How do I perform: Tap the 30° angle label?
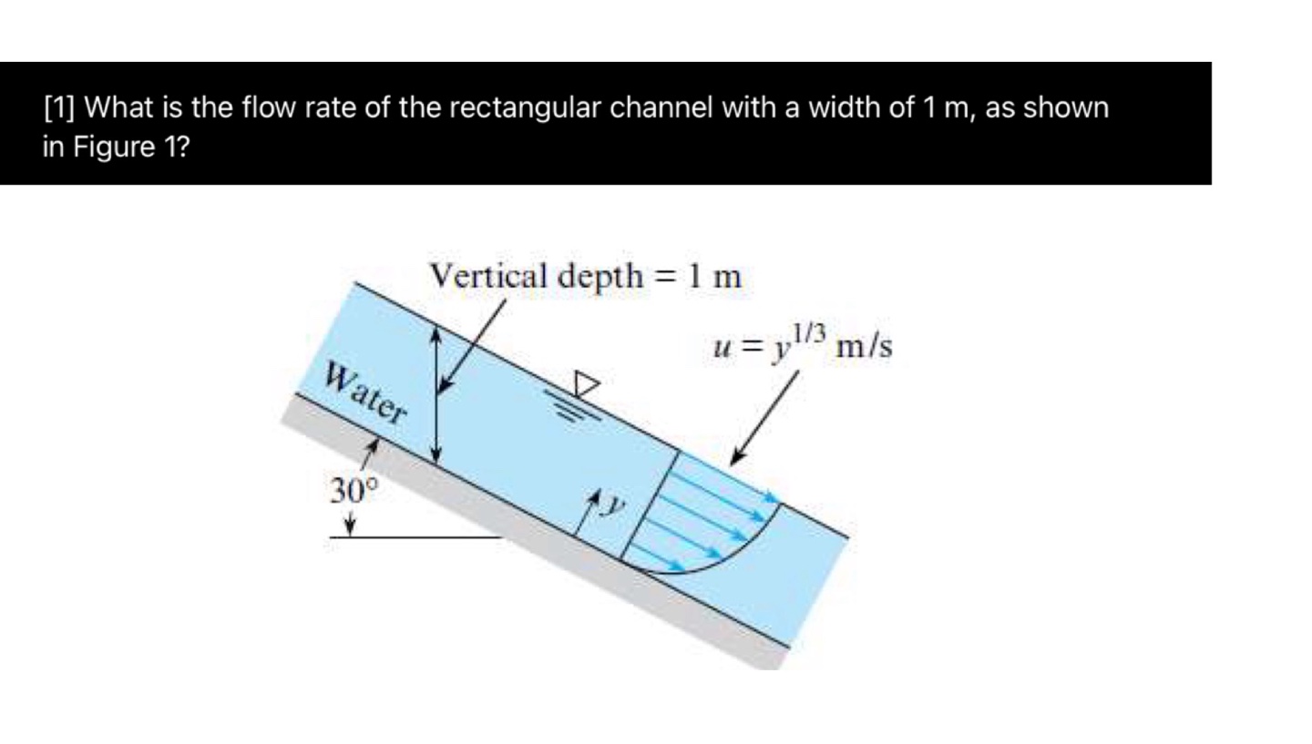[x=353, y=492]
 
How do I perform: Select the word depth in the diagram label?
[x=600, y=275]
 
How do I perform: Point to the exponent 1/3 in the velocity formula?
[x=808, y=333]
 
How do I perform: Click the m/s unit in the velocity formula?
[x=865, y=347]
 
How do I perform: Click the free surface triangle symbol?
[x=587, y=383]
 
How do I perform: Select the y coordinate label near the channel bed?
[x=616, y=504]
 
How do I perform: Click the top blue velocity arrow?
[x=729, y=476]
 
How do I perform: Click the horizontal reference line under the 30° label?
[x=415, y=536]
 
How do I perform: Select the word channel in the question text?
[x=661, y=108]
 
